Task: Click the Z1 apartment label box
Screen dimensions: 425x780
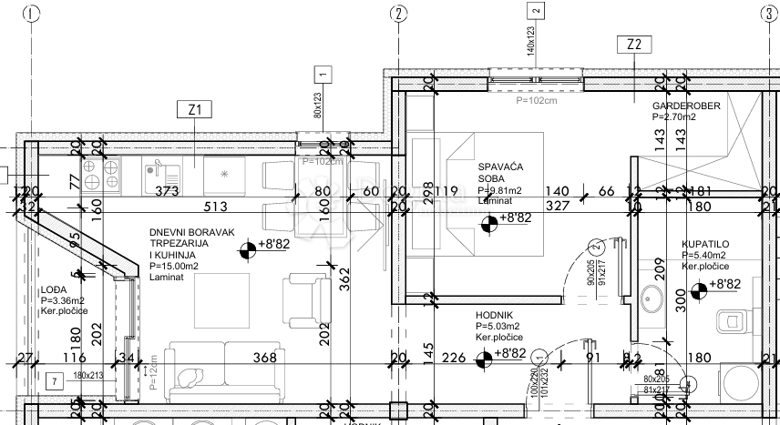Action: pyautogui.click(x=194, y=110)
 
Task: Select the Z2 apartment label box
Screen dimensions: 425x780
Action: pyautogui.click(x=635, y=44)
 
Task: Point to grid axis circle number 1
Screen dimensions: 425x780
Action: pyautogui.click(x=33, y=13)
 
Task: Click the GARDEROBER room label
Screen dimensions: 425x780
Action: pyautogui.click(x=685, y=106)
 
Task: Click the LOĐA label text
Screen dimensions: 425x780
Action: pyautogui.click(x=52, y=290)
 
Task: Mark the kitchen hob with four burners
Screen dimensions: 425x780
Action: pyautogui.click(x=101, y=173)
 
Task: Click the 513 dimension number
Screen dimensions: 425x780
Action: pyautogui.click(x=215, y=206)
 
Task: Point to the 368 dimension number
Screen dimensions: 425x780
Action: pyautogui.click(x=264, y=358)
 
